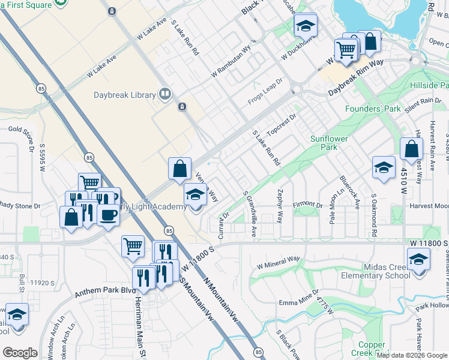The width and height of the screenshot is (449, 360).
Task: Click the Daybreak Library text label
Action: point(124,95)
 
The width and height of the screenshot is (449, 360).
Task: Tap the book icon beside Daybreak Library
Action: point(164,94)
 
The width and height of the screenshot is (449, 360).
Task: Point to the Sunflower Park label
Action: point(329,143)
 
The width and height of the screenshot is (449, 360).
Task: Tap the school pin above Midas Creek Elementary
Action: point(418,259)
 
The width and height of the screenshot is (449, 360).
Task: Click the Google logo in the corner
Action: point(20,352)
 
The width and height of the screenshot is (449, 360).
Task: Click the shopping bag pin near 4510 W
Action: point(411,149)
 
